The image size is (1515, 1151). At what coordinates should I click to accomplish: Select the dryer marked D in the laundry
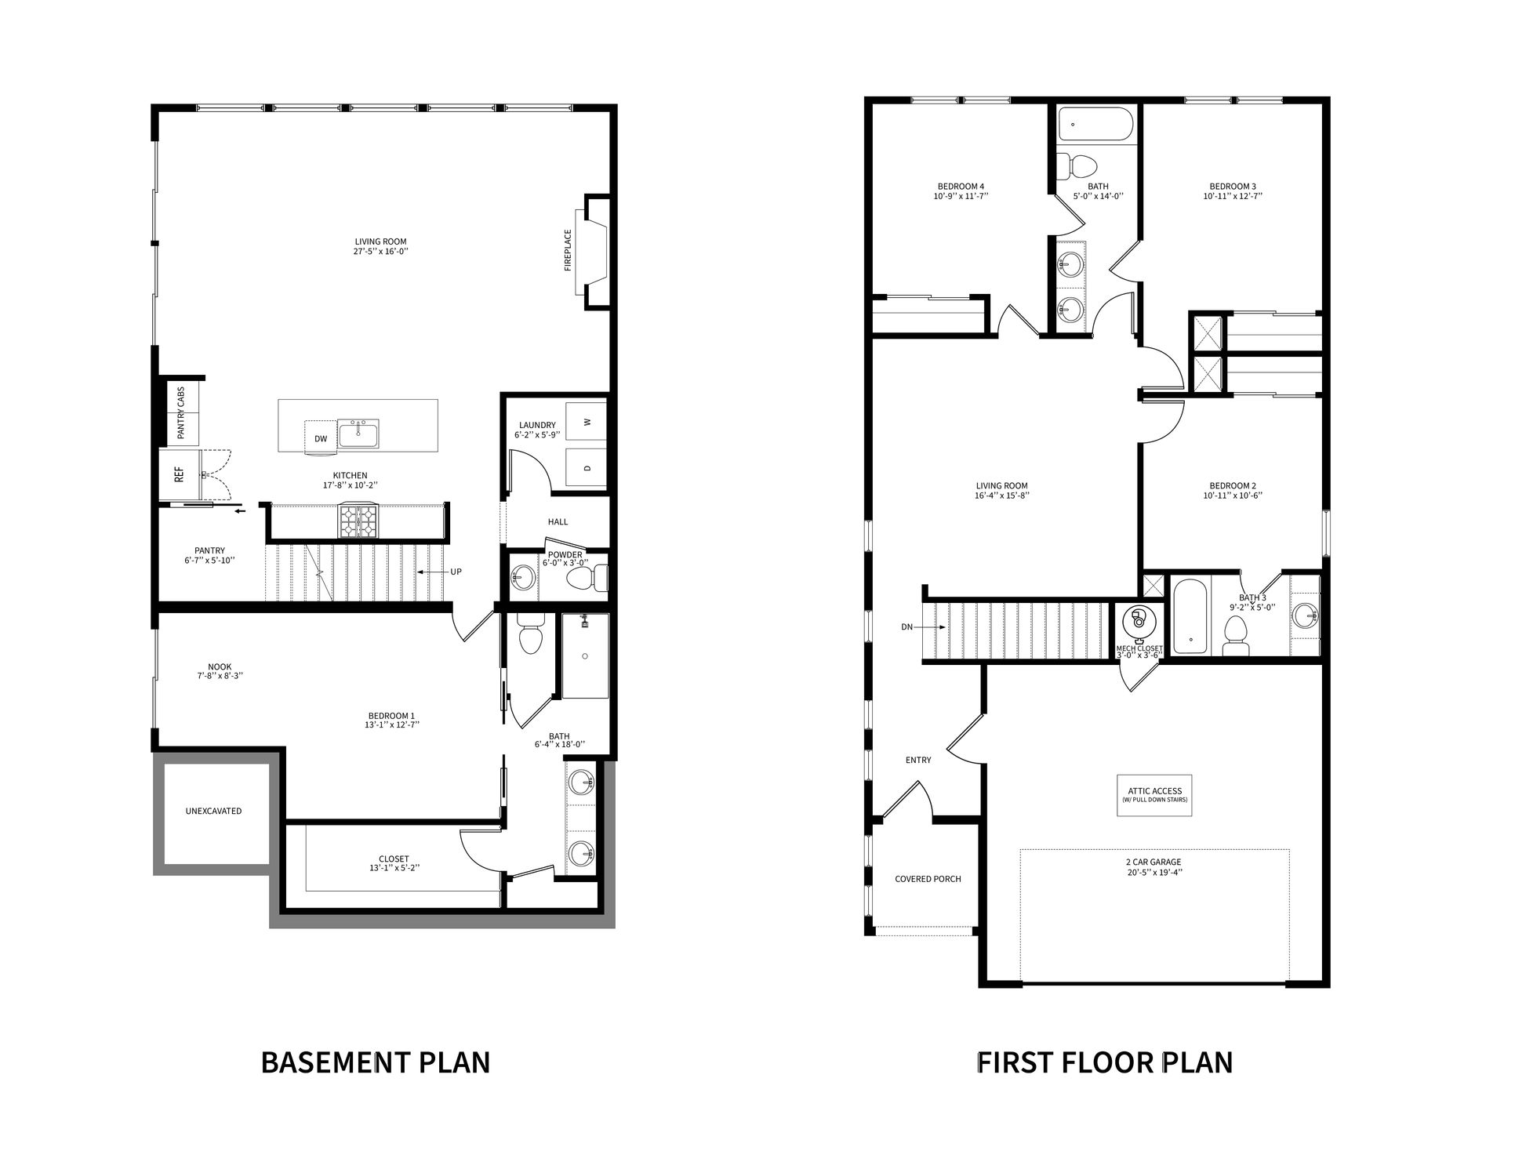click(x=588, y=469)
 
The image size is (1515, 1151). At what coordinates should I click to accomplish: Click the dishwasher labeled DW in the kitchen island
click(x=321, y=438)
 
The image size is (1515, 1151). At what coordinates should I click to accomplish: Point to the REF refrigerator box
click(x=180, y=474)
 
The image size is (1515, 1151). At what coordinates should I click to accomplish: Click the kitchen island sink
click(x=359, y=433)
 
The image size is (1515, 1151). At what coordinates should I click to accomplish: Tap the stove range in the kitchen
click(x=358, y=521)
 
